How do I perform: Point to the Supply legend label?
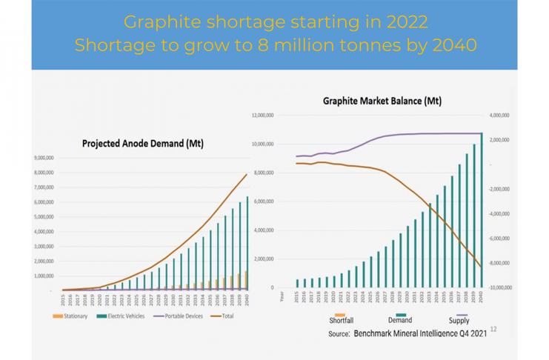(x=459, y=320)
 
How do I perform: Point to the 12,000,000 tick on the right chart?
(x=264, y=116)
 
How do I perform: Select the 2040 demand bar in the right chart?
(x=482, y=210)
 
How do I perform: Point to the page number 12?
(x=493, y=329)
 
